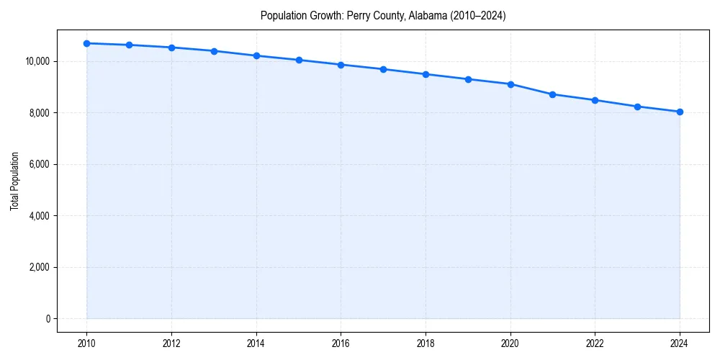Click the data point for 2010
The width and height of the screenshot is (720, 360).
(x=86, y=43)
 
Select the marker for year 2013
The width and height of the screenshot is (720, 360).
(x=214, y=51)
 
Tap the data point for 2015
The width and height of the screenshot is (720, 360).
(x=299, y=60)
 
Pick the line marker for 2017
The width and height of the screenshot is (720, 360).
(x=383, y=69)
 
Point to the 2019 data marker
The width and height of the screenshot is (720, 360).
(x=468, y=79)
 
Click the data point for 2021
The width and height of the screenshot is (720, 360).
(x=552, y=94)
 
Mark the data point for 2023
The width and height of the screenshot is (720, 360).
(x=637, y=107)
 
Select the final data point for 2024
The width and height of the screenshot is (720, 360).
(x=680, y=112)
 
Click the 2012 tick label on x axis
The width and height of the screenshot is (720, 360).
(x=171, y=343)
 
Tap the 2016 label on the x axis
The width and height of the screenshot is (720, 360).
(x=341, y=343)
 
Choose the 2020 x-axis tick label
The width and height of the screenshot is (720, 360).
(x=510, y=343)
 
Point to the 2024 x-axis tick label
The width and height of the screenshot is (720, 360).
(x=680, y=343)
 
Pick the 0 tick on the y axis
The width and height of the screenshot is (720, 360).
(x=48, y=319)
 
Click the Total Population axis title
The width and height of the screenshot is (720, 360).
(x=14, y=181)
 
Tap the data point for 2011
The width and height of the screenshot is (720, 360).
(x=129, y=45)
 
